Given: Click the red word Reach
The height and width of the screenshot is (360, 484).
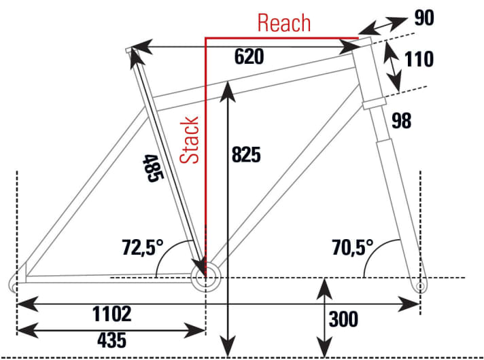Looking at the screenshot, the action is (x=284, y=23).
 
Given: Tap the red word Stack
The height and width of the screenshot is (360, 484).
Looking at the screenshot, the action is (x=189, y=140).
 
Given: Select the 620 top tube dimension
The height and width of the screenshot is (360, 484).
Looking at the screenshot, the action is (x=249, y=56).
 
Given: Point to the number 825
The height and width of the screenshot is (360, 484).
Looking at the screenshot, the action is (x=246, y=154).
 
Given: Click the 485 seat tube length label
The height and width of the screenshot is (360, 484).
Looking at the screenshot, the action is (x=153, y=168).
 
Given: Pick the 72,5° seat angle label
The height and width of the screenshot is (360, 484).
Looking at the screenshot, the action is (x=143, y=247).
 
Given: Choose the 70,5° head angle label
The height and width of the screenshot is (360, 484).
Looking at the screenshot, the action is (x=353, y=247).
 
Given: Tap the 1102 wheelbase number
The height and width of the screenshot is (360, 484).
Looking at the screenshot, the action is (x=112, y=314).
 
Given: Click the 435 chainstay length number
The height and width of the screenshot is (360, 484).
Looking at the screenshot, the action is (x=111, y=340).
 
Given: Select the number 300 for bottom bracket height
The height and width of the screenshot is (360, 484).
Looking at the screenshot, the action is (x=343, y=319).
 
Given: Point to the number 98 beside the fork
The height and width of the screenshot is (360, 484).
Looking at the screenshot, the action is (x=401, y=121).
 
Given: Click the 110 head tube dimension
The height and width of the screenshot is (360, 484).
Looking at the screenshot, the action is (x=419, y=59).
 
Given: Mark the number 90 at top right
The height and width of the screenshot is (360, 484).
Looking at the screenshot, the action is (x=424, y=18).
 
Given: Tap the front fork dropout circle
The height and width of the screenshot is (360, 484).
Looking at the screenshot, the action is (x=420, y=286).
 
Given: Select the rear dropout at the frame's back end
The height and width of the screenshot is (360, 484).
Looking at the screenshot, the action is (x=13, y=283).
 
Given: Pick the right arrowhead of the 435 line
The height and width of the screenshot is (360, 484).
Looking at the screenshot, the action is (x=195, y=330).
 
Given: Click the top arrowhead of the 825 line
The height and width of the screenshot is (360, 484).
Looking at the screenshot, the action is (x=228, y=91).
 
